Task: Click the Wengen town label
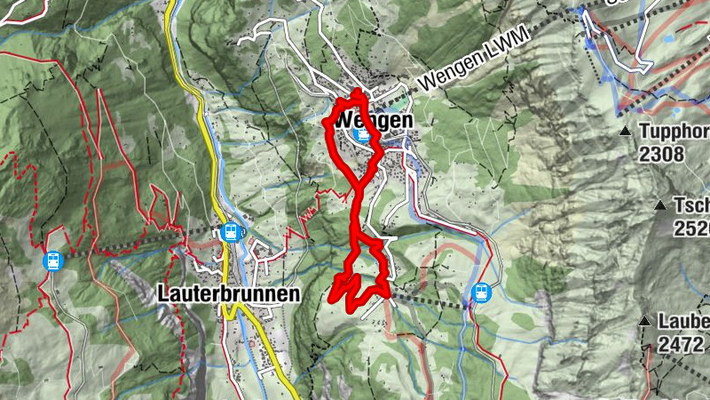pyautogui.click(x=374, y=119)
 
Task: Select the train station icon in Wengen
pyautogui.click(x=361, y=134)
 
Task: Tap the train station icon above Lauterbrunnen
pyautogui.click(x=231, y=232)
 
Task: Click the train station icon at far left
pyautogui.click(x=52, y=261)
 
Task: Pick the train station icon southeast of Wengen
pyautogui.click(x=481, y=292)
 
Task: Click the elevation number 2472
pyautogui.click(x=681, y=343)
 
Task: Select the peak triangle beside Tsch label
pyautogui.click(x=660, y=205)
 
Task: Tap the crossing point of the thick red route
pyautogui.click(x=359, y=185)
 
